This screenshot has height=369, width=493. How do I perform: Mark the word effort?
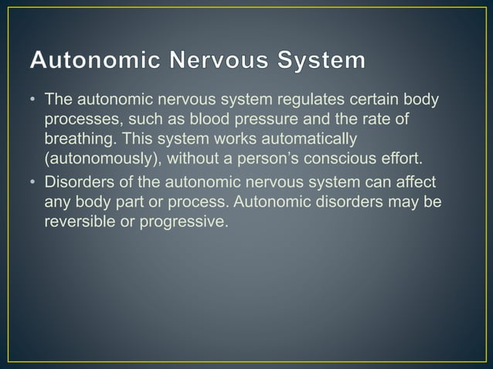pos(401,161)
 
